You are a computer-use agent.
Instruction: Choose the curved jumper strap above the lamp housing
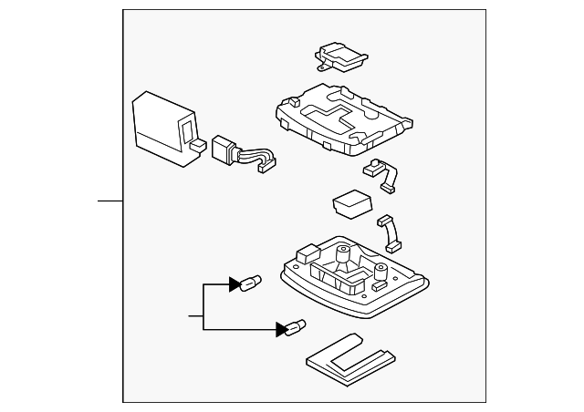(x=391, y=232)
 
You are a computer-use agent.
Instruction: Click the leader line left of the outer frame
(x=110, y=199)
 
